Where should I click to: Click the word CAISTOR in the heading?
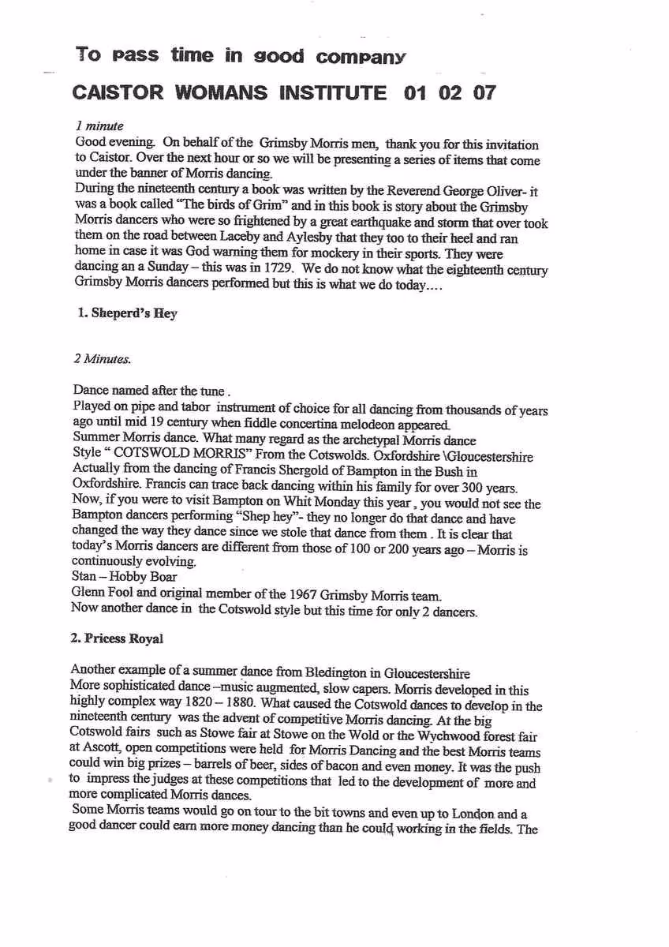(x=109, y=93)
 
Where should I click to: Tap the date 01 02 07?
(x=450, y=93)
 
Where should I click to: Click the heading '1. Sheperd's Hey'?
(x=125, y=313)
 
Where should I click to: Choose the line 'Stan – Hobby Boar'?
(x=125, y=577)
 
